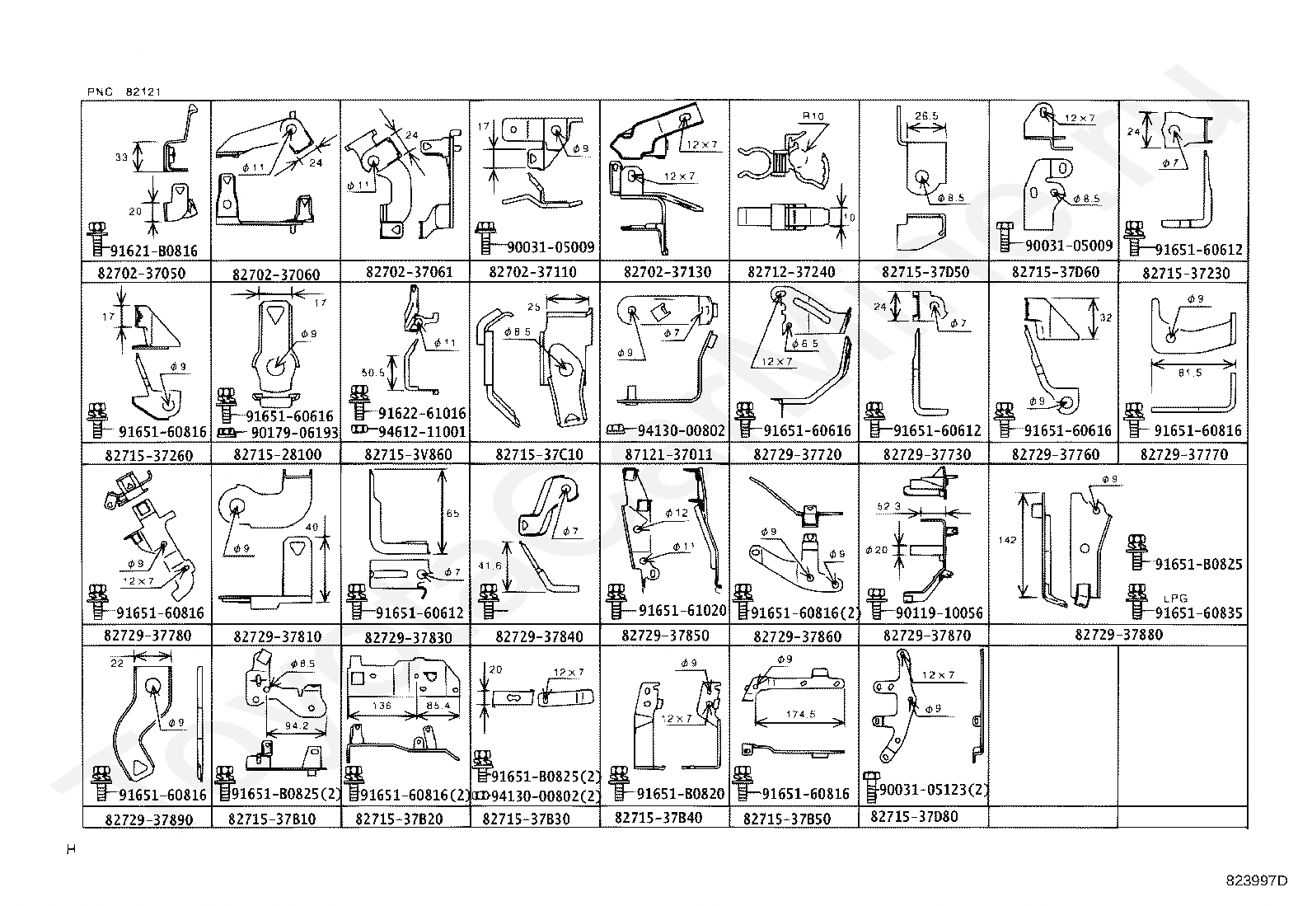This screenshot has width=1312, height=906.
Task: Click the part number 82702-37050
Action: (145, 273)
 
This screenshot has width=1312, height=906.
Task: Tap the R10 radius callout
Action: (813, 117)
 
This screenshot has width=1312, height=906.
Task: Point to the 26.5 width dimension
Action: (926, 116)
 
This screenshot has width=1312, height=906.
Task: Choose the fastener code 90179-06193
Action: (293, 432)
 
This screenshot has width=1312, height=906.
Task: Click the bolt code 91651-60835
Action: (1197, 613)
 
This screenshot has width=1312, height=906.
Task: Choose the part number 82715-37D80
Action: (914, 817)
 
